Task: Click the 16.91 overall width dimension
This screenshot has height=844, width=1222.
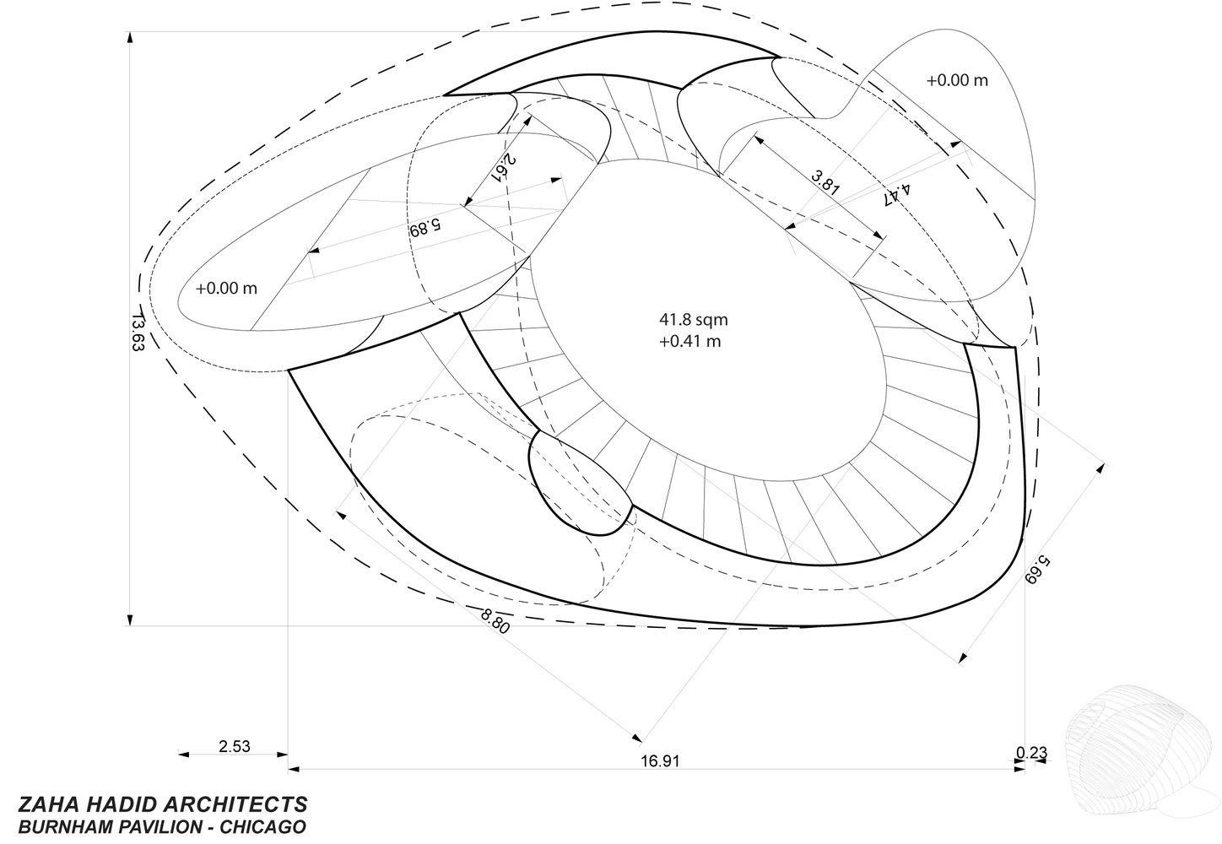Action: click(x=660, y=760)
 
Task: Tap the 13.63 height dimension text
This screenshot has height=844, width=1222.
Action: click(x=138, y=333)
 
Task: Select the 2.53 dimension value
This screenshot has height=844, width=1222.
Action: click(x=235, y=746)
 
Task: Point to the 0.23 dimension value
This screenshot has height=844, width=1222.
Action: click(x=1031, y=753)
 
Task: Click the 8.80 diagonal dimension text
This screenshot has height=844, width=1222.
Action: click(x=495, y=621)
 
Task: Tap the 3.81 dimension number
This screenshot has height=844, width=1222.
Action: click(x=825, y=182)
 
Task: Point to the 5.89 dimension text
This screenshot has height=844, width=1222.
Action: click(x=425, y=227)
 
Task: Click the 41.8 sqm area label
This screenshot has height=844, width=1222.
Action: click(x=694, y=320)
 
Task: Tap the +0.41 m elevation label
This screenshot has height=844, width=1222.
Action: click(x=689, y=342)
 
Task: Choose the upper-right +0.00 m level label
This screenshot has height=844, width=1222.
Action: click(x=957, y=81)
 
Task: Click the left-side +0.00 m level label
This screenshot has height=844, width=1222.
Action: click(x=226, y=288)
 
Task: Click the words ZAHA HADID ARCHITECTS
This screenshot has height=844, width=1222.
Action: click(x=163, y=804)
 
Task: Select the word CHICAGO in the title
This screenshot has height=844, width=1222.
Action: click(x=263, y=827)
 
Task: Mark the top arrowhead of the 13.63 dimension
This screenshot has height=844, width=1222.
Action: click(x=130, y=37)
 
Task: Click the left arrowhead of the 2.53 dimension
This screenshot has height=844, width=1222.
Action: click(x=184, y=755)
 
